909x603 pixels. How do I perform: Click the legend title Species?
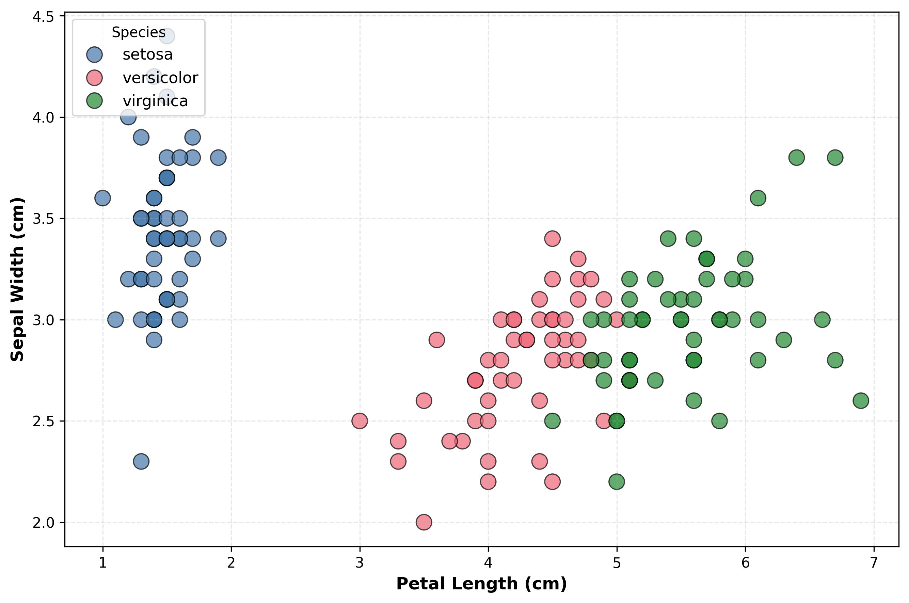139,32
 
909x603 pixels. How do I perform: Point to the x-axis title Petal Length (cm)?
481,584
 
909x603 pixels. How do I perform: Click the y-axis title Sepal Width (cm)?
17,280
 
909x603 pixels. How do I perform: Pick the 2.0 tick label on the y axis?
43,523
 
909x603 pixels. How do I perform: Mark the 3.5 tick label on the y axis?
43,219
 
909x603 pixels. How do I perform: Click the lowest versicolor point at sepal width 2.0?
424,522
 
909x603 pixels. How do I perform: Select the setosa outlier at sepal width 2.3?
141,461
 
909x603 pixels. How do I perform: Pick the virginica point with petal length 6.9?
861,401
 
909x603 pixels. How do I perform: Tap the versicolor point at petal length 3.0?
360,421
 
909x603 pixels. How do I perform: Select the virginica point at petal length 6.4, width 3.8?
797,157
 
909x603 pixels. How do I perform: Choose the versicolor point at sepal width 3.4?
552,238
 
